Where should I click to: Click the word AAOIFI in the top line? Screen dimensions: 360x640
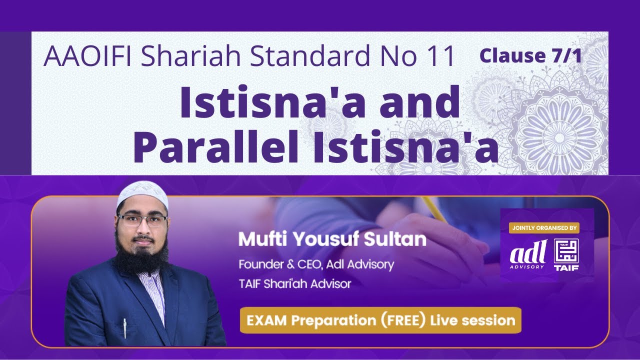coord(88,56)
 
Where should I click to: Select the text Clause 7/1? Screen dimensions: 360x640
coord(530,56)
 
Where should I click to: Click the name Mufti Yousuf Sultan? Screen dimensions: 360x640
coord(332,239)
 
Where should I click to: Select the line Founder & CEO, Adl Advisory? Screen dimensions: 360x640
coord(316,264)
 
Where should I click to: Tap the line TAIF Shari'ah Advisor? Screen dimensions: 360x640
coord(294,283)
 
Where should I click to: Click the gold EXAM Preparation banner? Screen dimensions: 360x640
coord(380,320)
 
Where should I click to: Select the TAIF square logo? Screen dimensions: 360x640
coord(566,254)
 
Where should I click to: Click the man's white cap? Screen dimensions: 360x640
coord(142,195)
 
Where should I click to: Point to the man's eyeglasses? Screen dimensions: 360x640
coord(142,221)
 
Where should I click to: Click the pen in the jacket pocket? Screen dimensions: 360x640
coord(124,327)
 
